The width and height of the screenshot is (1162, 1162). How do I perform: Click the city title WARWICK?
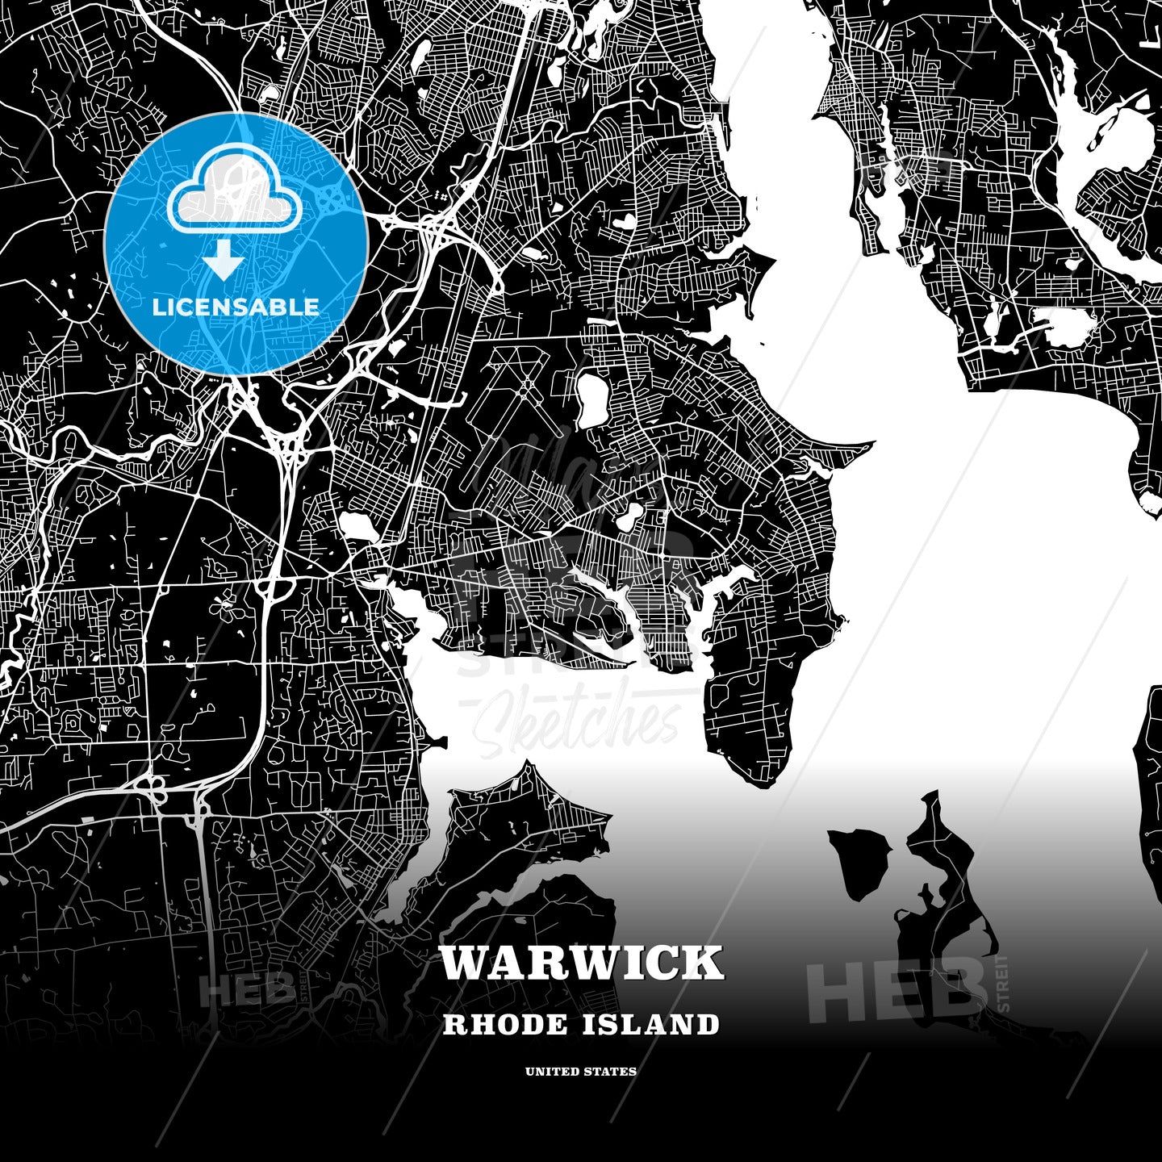click(581, 963)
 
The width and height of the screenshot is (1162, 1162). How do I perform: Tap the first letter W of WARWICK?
click(463, 963)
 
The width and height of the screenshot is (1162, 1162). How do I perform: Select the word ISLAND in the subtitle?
click(650, 1025)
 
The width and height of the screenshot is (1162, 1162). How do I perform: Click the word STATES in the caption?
click(611, 1072)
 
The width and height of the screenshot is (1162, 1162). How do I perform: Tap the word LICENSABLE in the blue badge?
click(236, 307)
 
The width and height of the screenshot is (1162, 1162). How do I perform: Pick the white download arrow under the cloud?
click(224, 261)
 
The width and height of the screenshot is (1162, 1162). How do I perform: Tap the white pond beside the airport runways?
click(593, 399)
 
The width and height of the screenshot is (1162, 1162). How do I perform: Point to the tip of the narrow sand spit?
click(871, 443)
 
